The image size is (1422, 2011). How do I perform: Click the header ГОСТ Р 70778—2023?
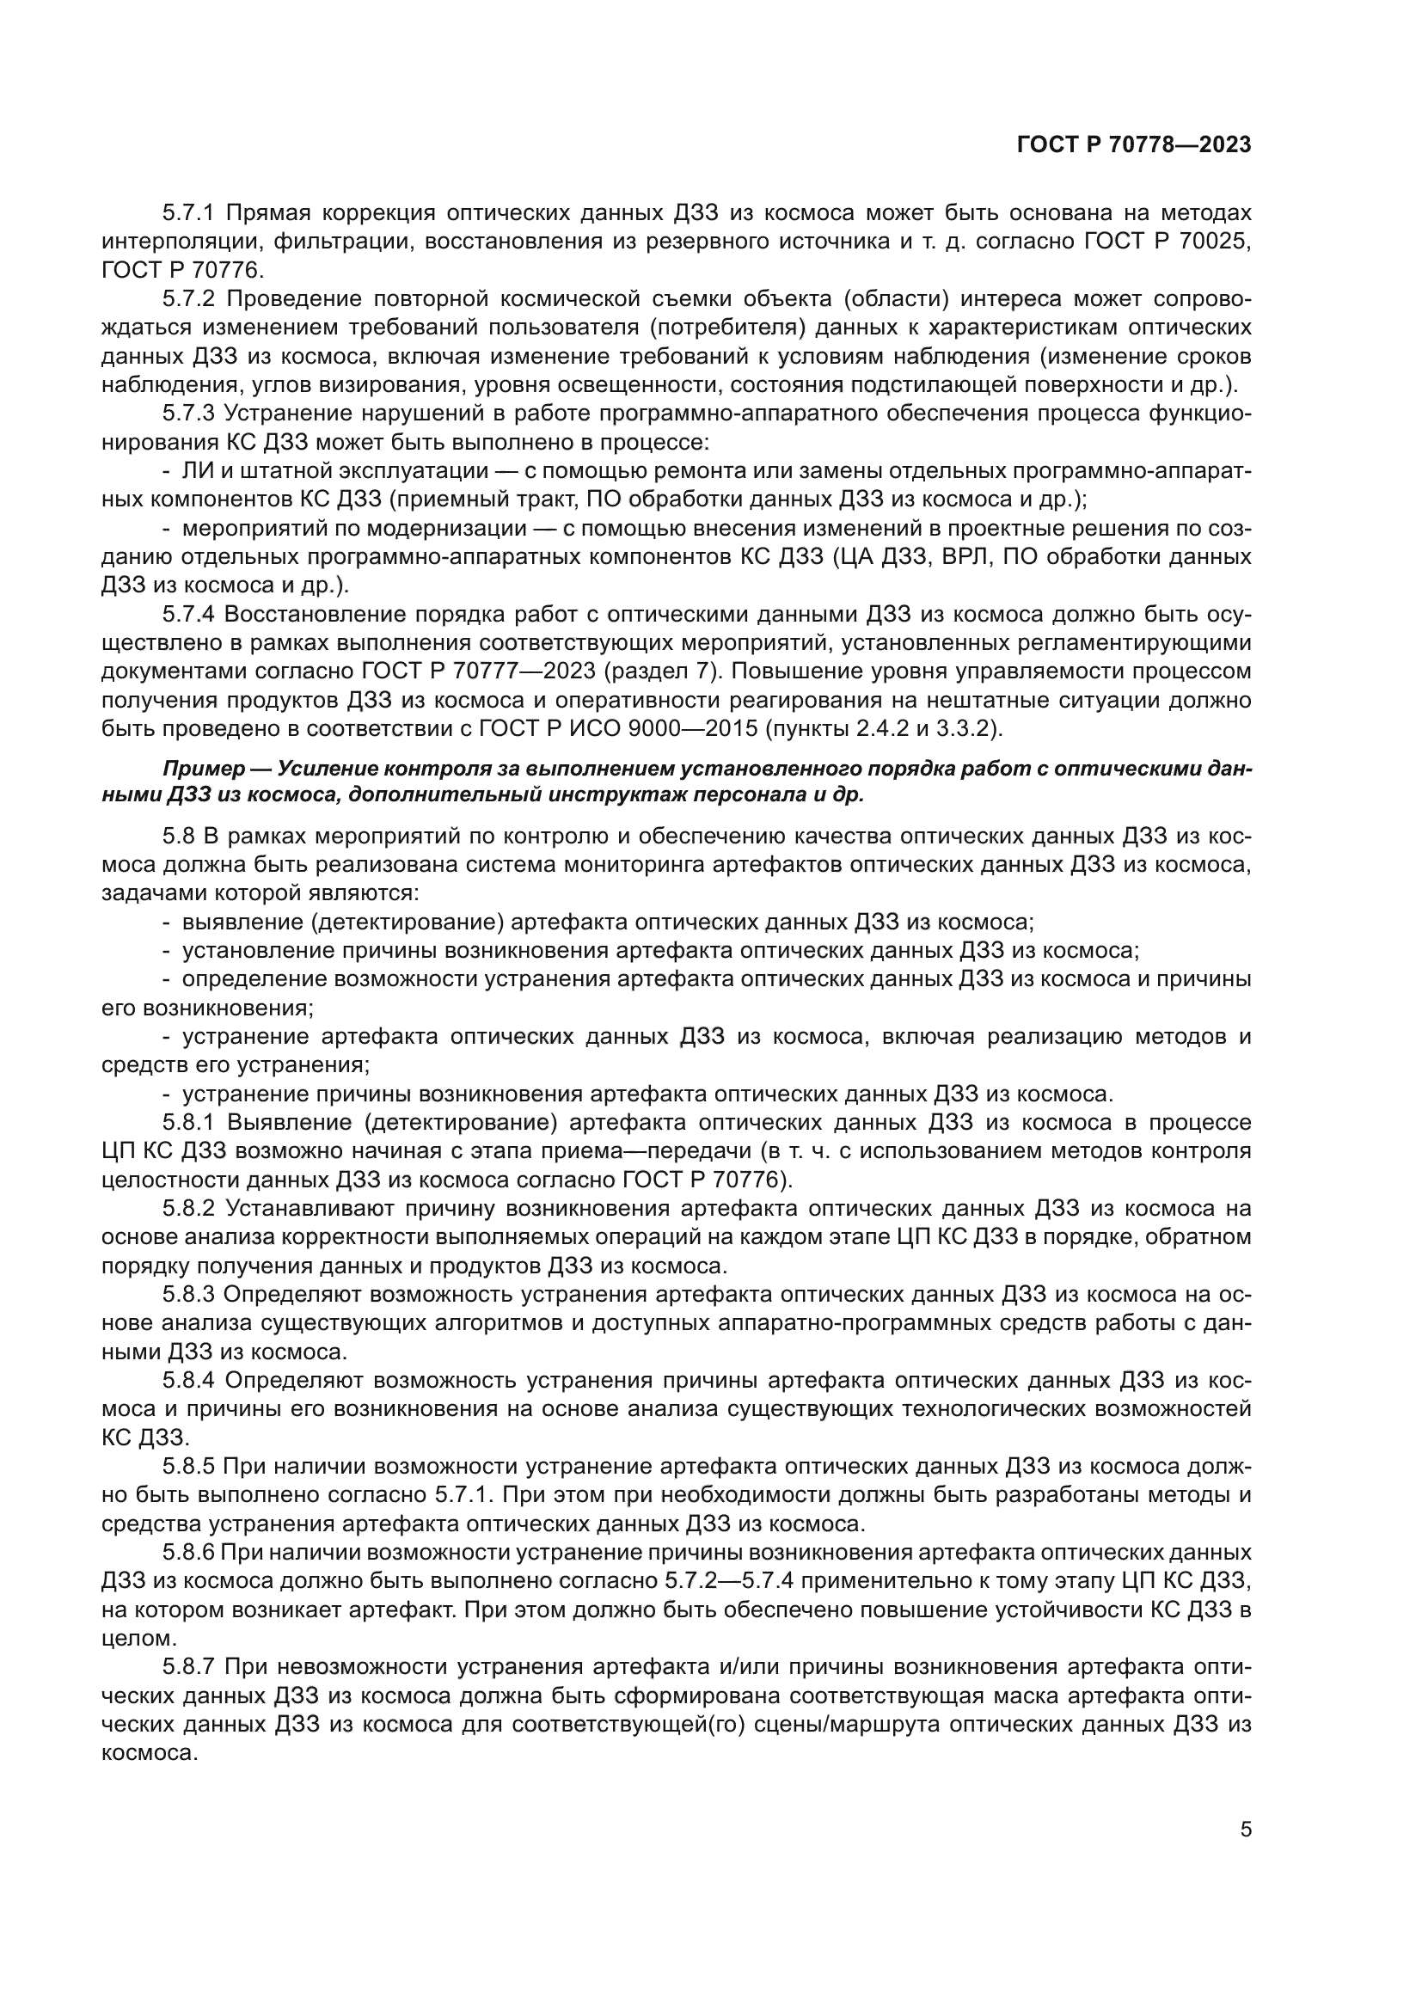(1134, 145)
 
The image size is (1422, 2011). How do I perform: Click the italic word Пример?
(202, 769)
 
